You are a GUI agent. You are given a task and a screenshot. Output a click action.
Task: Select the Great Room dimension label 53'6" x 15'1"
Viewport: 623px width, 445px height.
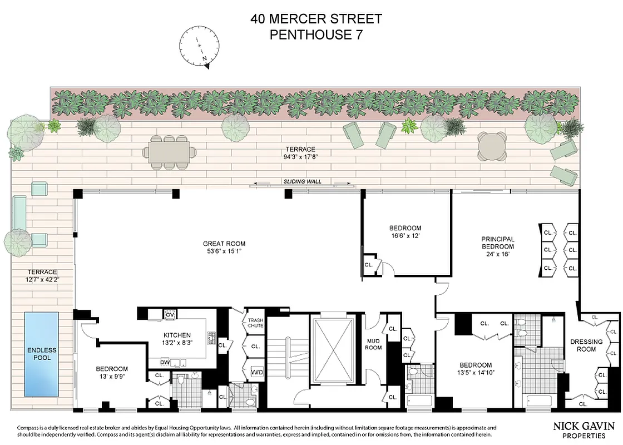[x=224, y=251]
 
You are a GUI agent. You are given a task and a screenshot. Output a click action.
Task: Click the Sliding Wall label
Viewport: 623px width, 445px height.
[x=303, y=181]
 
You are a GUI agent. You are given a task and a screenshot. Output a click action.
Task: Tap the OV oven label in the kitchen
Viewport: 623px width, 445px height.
[x=170, y=315]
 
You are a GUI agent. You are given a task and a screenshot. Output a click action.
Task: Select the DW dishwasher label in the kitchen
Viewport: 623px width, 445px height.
[x=164, y=362]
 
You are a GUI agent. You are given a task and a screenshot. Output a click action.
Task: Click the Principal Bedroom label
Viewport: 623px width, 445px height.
[x=498, y=243]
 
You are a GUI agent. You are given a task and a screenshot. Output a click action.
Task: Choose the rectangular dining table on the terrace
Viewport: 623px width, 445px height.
[x=169, y=152]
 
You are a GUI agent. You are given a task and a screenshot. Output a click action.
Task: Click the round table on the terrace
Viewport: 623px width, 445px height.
[x=492, y=146]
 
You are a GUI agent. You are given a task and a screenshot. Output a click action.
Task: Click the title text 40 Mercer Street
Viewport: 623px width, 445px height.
[x=317, y=19]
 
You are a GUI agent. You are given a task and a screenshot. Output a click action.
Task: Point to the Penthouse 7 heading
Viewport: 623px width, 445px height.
[x=317, y=34]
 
